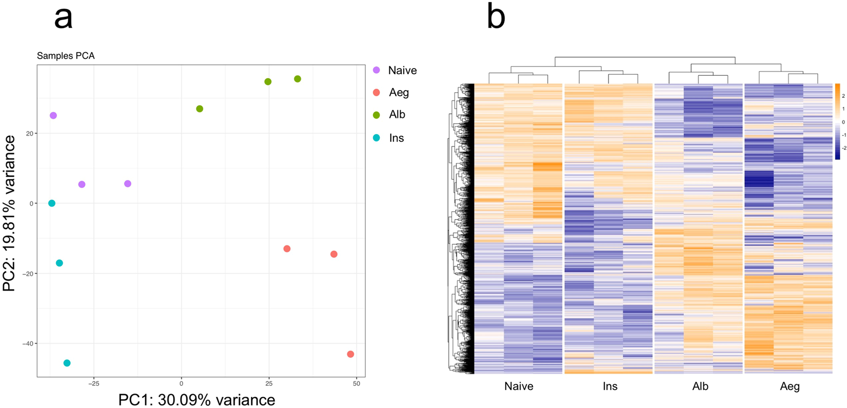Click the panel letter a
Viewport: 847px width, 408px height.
pyautogui.click(x=63, y=18)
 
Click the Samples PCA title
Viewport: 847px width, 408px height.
pyautogui.click(x=65, y=56)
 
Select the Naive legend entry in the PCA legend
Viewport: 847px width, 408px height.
pyautogui.click(x=402, y=71)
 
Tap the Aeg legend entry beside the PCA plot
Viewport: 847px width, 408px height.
pyautogui.click(x=399, y=93)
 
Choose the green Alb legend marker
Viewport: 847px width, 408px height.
pyautogui.click(x=376, y=115)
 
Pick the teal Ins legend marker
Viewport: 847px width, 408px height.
pyautogui.click(x=376, y=138)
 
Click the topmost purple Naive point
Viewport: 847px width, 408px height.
pyautogui.click(x=53, y=116)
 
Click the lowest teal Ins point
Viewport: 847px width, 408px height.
pyautogui.click(x=67, y=363)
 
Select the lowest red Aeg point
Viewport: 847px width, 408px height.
pyautogui.click(x=351, y=354)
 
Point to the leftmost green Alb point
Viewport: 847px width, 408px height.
pyautogui.click(x=200, y=109)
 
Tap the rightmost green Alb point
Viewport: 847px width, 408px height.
pyautogui.click(x=298, y=79)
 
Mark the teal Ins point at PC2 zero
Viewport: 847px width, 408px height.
pyautogui.click(x=51, y=203)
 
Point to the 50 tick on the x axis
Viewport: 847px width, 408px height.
pyautogui.click(x=356, y=384)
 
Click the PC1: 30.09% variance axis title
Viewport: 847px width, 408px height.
pyautogui.click(x=197, y=400)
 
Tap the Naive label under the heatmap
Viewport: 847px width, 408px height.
pyautogui.click(x=518, y=386)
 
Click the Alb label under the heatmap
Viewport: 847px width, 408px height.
pyautogui.click(x=700, y=386)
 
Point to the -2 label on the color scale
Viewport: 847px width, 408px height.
pyautogui.click(x=843, y=148)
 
